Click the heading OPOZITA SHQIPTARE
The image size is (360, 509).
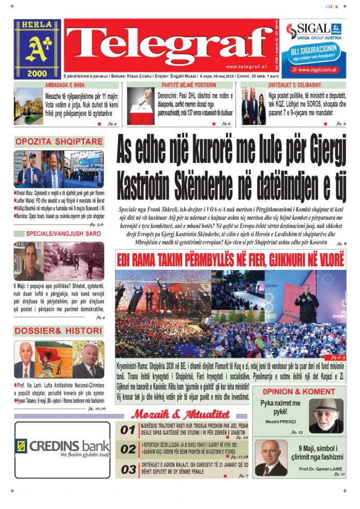(58, 142)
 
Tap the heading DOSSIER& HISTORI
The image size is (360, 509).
(58, 331)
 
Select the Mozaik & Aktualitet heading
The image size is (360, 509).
(180, 414)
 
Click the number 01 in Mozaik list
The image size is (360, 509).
(128, 429)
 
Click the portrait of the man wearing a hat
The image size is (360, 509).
(326, 414)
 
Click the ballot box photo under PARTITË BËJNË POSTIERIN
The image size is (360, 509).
(140, 106)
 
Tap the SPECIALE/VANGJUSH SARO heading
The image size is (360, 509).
(58, 234)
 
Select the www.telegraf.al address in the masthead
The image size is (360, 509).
(246, 67)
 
